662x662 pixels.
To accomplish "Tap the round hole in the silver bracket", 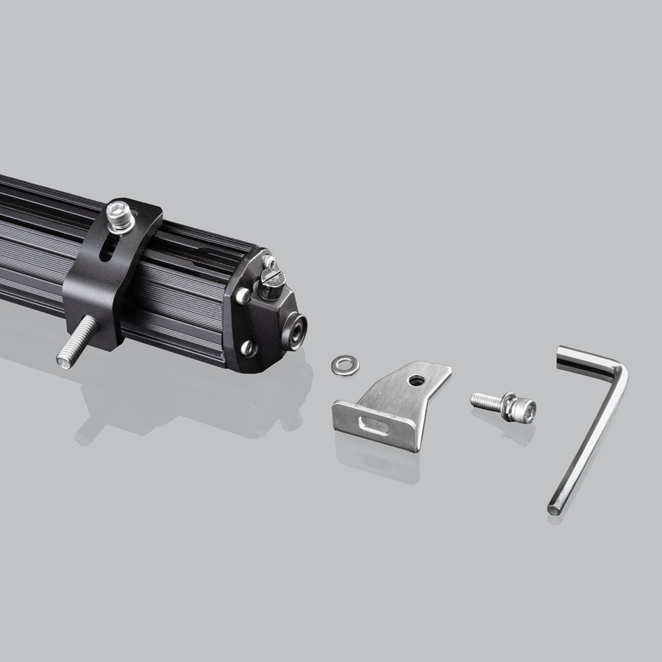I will [x=416, y=381].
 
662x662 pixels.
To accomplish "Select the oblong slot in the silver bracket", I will [x=373, y=425].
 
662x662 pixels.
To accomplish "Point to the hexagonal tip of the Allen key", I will [x=553, y=510].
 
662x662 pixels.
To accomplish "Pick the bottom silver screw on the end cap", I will [x=248, y=347].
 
